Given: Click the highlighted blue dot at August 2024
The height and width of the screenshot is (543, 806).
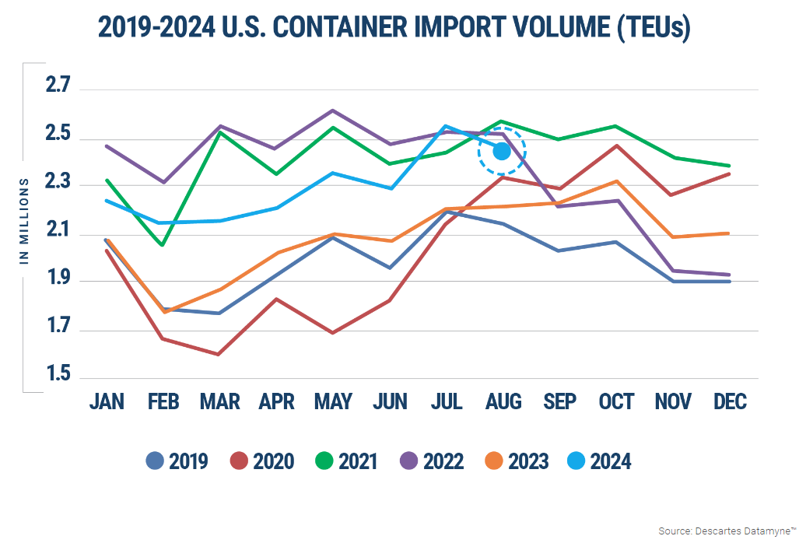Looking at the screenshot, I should [x=502, y=151].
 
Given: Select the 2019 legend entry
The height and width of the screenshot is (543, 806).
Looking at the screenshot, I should [x=177, y=461].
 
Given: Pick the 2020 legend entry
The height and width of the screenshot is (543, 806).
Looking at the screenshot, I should [x=263, y=461].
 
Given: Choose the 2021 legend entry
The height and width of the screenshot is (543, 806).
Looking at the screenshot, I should [x=347, y=461].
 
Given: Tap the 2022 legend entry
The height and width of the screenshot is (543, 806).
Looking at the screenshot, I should [x=433, y=461].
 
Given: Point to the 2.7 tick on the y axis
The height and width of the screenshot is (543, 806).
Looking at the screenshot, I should [x=58, y=86].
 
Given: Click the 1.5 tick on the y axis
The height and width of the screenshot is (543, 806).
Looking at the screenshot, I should [x=58, y=376].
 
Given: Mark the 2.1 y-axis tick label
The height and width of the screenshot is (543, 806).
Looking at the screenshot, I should [x=58, y=232].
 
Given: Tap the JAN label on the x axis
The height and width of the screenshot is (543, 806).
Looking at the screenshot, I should [x=107, y=401].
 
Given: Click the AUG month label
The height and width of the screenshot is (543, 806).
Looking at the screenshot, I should [x=503, y=401].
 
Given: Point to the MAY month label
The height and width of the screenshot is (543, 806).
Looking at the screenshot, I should [x=333, y=401].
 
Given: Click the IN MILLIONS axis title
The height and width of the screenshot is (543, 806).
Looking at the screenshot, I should [x=24, y=221].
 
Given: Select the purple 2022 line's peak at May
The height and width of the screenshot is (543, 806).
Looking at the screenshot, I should [x=333, y=110].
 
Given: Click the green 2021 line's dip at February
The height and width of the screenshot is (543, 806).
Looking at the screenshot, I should [x=162, y=245].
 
